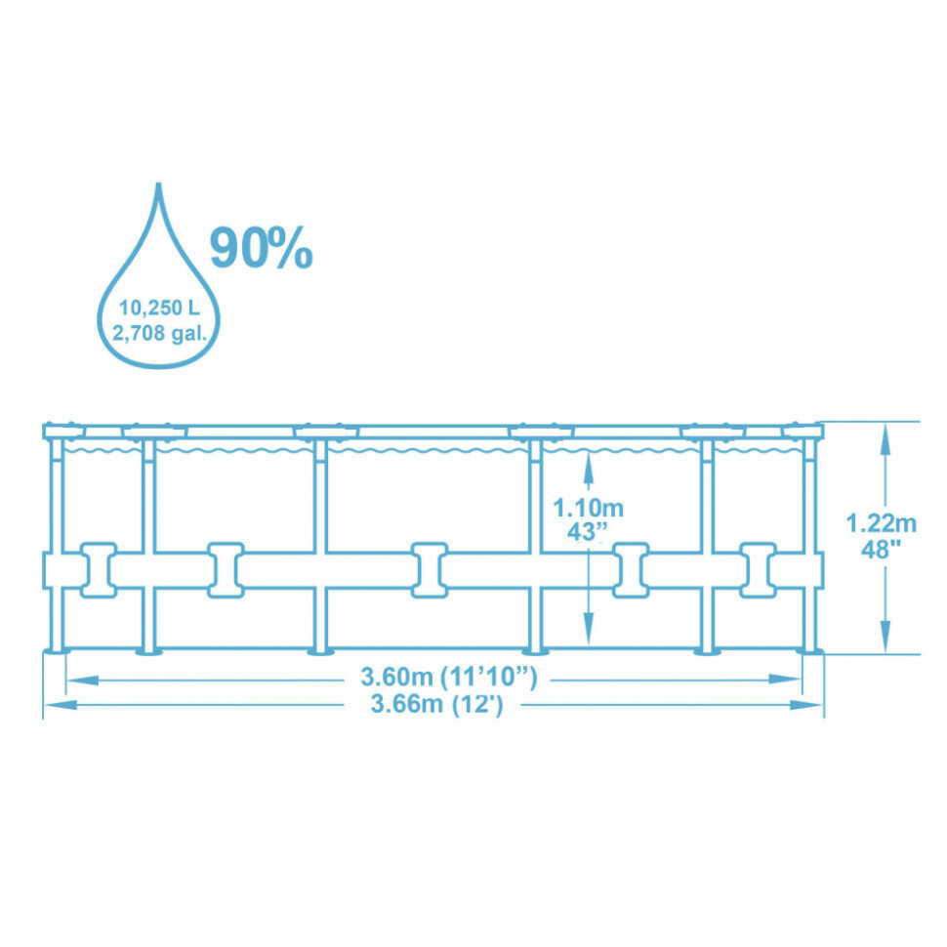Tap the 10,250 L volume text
point(159,308)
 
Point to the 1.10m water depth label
point(588,509)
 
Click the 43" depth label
point(588,531)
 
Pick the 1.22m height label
point(882,523)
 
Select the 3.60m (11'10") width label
point(449,676)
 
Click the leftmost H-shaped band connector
point(96,569)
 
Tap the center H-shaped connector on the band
point(430,569)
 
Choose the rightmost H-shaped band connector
point(758,569)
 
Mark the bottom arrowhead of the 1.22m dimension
point(885,639)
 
